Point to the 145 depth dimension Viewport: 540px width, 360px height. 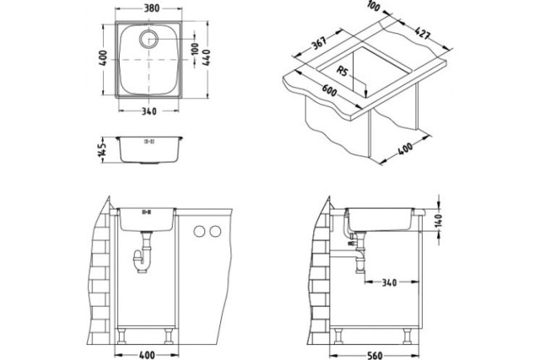click(x=102, y=150)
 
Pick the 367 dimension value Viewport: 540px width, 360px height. click(x=315, y=47)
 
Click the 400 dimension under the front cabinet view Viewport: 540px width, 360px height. click(x=148, y=352)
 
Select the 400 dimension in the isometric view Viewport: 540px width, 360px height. click(x=406, y=150)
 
